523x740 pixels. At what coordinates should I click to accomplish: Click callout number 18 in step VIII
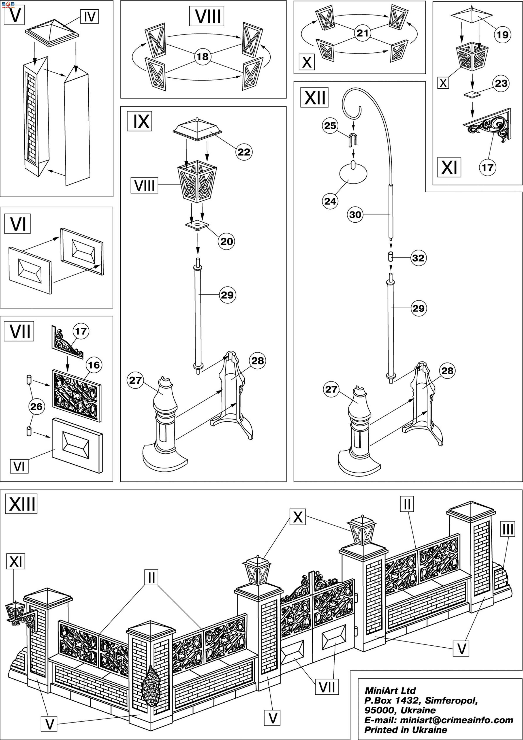(x=202, y=57)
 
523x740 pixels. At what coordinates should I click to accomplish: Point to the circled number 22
(x=244, y=152)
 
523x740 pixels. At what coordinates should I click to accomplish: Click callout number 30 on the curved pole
(x=355, y=214)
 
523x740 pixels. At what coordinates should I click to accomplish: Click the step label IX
(x=139, y=122)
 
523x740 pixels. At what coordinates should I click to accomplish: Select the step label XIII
(x=21, y=504)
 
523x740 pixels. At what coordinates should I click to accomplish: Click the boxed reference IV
(x=89, y=16)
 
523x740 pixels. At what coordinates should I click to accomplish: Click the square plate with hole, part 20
(x=197, y=225)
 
